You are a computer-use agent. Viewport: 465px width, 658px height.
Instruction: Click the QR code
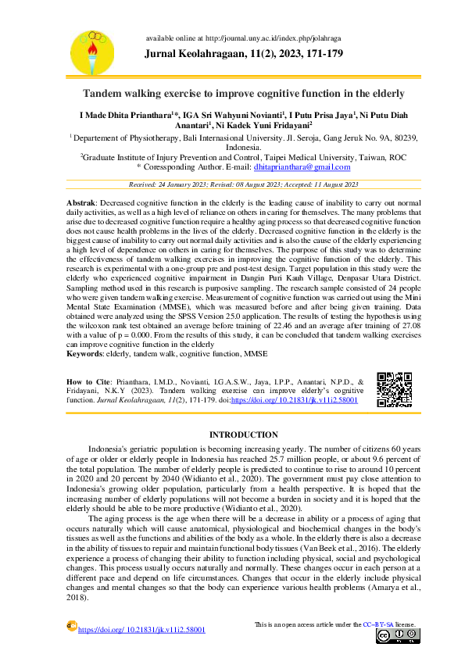click(395, 389)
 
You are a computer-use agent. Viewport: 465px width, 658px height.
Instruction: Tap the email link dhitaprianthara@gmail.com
click(302, 167)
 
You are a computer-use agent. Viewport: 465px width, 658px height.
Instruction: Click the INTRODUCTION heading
click(244, 434)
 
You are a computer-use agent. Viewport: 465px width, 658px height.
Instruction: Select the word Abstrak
click(82, 202)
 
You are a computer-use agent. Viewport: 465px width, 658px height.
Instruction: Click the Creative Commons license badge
click(395, 635)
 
